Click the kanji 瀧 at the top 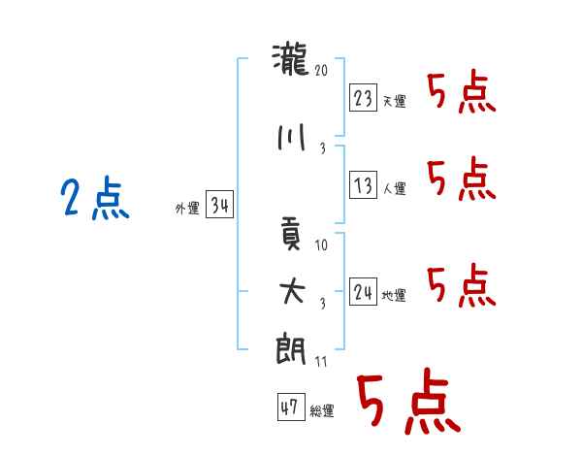point(290,59)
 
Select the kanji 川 point(291,138)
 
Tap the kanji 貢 point(290,233)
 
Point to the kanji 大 point(292,291)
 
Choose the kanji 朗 point(291,349)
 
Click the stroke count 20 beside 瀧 point(321,70)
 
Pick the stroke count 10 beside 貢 point(321,244)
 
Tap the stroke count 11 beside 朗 point(321,361)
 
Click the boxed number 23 point(363,97)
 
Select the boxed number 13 point(363,184)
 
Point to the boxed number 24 point(363,291)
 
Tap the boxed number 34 point(219,204)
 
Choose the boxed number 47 point(291,407)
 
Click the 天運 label point(394,101)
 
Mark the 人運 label point(394,188)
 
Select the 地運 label point(394,295)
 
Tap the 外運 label point(187,208)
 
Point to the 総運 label point(322,410)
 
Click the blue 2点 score point(95,198)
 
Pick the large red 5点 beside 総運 point(408,401)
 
